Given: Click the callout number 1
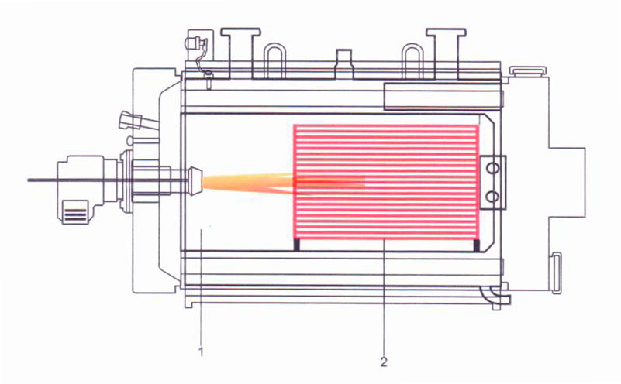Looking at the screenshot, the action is click(202, 351).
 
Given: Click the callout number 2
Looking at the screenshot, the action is click(384, 362).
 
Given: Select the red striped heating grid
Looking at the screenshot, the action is click(386, 182).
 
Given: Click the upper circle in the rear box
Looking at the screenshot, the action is click(492, 168).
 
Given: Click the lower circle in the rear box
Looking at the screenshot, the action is click(492, 196).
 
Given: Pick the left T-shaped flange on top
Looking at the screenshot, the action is click(240, 53).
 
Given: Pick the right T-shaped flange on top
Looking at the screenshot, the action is click(446, 53).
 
